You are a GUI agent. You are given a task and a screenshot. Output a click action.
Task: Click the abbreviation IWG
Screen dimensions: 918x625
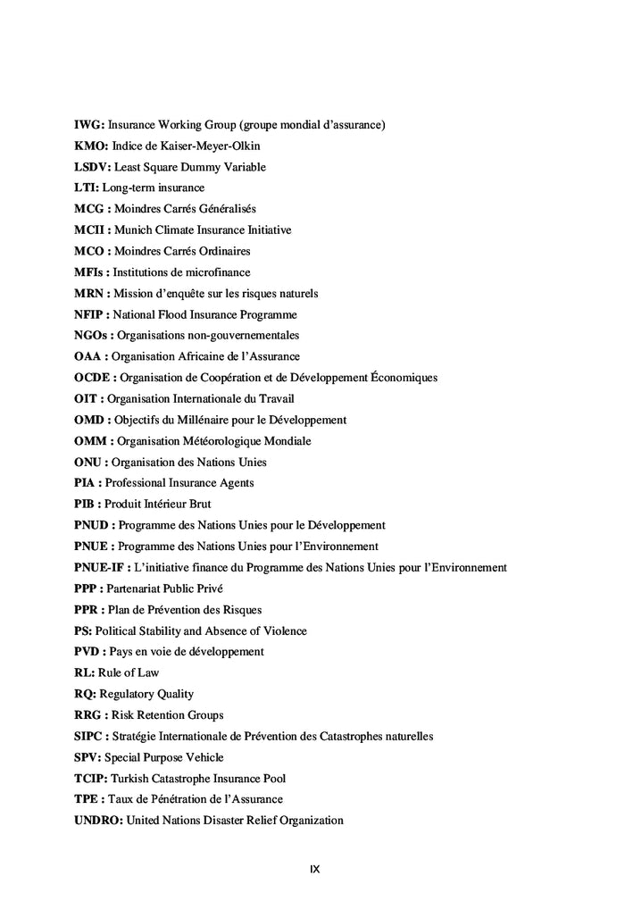click(x=89, y=125)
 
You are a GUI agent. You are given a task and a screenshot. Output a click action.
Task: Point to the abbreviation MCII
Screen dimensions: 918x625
click(x=90, y=230)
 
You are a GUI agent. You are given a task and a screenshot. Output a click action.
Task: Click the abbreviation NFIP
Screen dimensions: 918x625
click(x=90, y=314)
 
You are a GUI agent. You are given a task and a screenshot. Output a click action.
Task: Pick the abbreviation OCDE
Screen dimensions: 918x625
click(x=93, y=378)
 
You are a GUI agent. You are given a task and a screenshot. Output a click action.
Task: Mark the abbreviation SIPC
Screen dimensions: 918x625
click(x=89, y=737)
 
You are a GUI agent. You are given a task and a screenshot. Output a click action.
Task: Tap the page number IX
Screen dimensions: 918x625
click(x=314, y=869)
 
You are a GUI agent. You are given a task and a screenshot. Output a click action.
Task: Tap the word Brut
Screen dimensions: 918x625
click(x=199, y=505)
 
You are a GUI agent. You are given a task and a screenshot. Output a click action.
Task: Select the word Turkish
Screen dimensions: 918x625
click(x=131, y=779)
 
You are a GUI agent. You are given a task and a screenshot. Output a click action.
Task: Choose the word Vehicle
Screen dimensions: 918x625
click(x=204, y=757)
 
